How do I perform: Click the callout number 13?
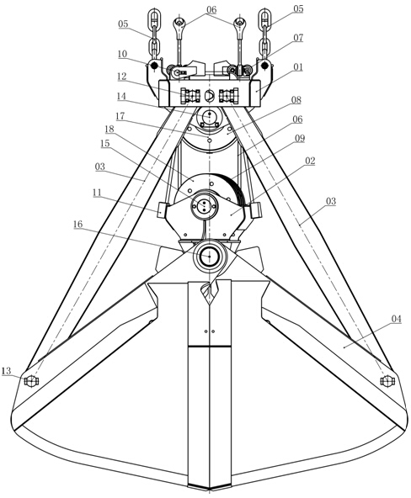[x=7, y=370]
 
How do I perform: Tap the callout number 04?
[x=396, y=319]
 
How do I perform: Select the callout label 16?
[x=77, y=225]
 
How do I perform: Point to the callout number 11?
[x=97, y=193]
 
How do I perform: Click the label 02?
[x=310, y=161]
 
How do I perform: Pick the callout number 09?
[x=300, y=139]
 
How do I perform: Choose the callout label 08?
[x=296, y=100]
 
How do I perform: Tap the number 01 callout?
[x=298, y=67]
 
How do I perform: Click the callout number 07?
[x=298, y=38]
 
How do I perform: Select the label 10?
[x=122, y=54]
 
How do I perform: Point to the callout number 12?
[x=121, y=77]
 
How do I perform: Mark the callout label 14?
[x=121, y=96]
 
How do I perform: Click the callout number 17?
[x=120, y=116]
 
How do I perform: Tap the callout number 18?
[x=109, y=129]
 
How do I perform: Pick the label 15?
[x=105, y=144]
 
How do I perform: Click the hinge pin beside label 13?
[x=31, y=381]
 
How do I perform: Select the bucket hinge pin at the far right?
[x=387, y=381]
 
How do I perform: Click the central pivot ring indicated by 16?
[x=209, y=256]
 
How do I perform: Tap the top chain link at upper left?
[x=154, y=19]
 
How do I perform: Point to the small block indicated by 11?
[x=161, y=209]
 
